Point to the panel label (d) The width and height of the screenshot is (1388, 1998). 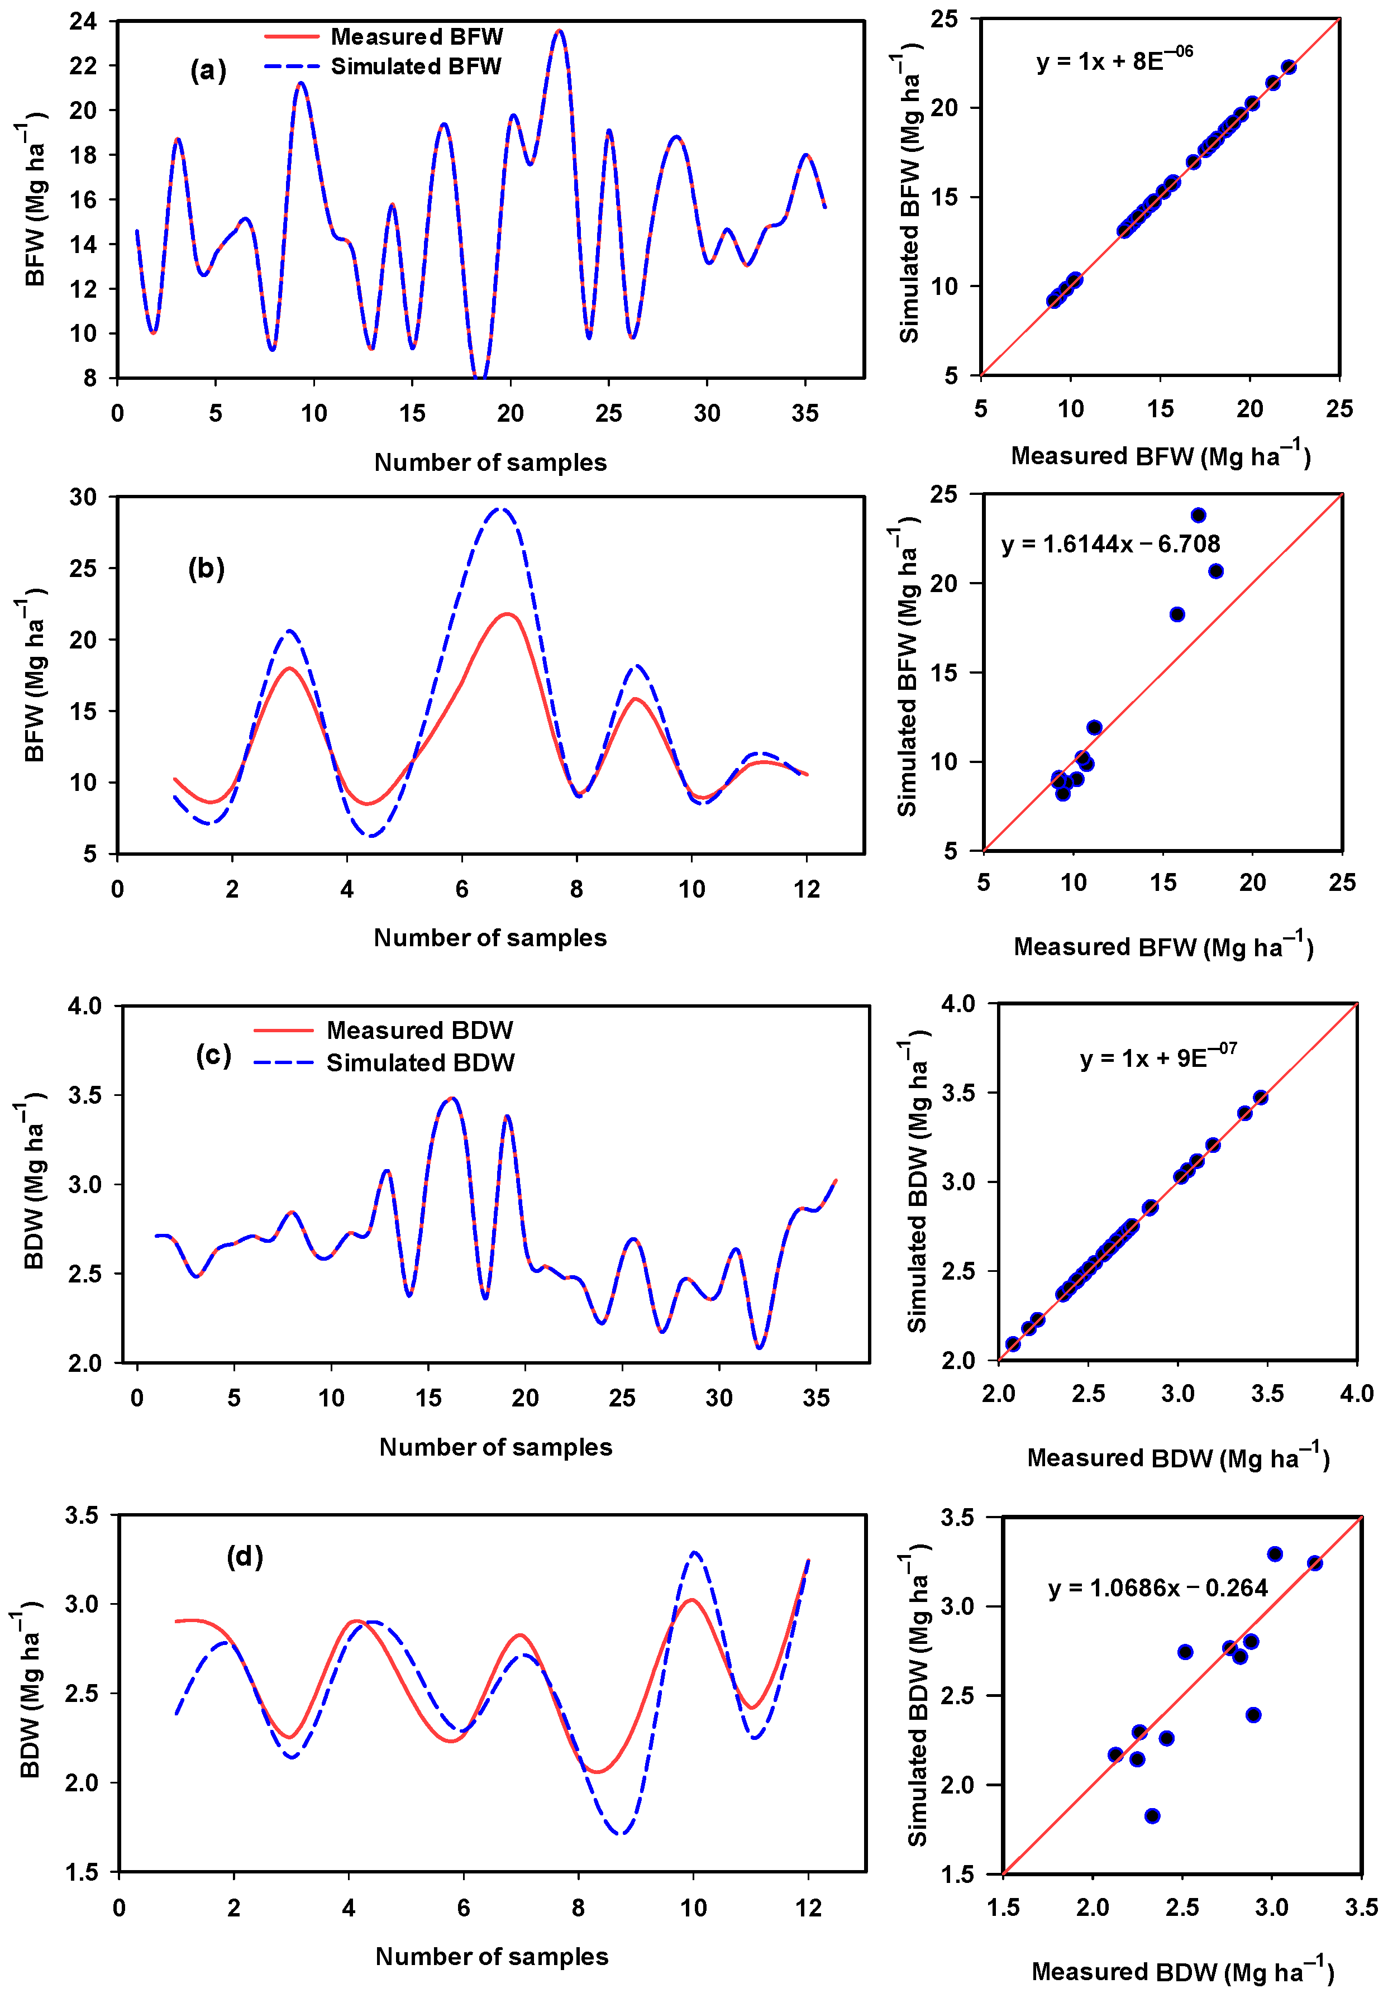[245, 1556]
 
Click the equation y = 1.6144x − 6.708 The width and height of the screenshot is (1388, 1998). [1110, 544]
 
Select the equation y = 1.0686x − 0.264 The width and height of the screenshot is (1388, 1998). [1157, 1587]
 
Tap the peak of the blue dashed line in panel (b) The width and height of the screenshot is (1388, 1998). [499, 509]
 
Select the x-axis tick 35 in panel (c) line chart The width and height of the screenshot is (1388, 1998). [815, 1398]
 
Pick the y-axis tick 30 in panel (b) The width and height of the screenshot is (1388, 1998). [83, 497]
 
